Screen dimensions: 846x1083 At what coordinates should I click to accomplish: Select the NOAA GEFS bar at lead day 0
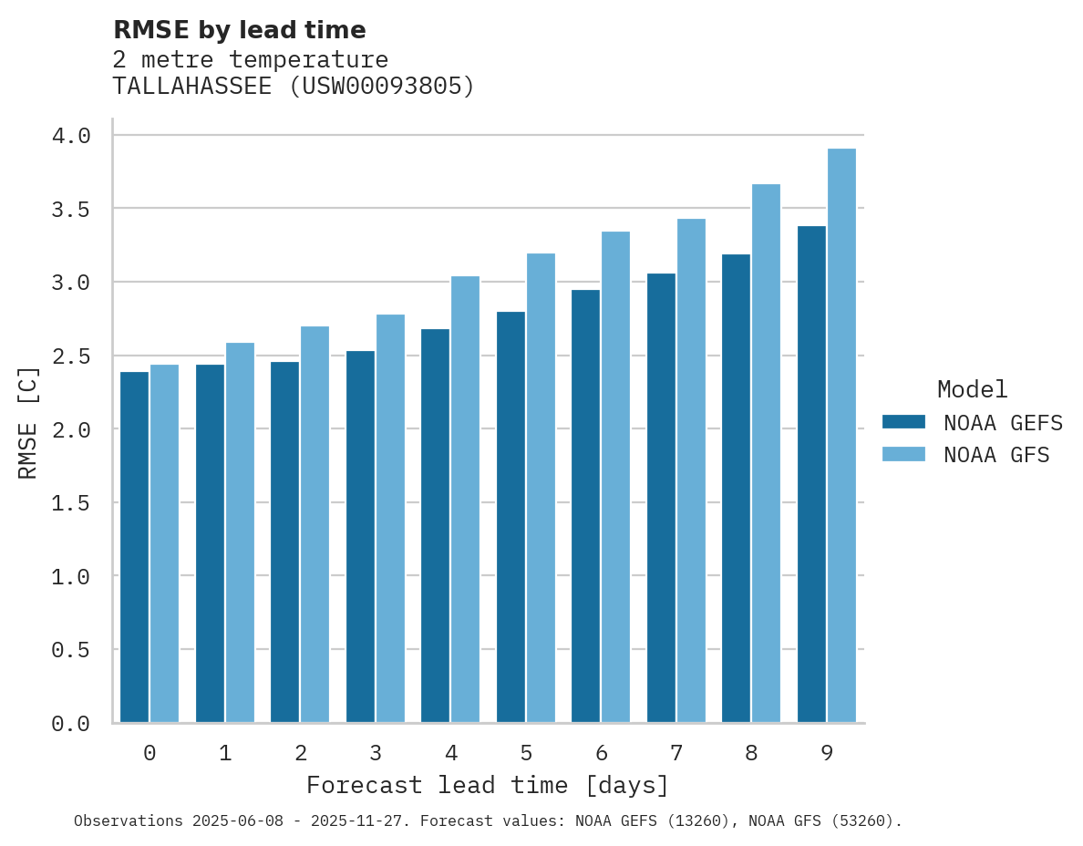134,547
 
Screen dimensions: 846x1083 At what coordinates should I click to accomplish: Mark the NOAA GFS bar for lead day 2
315,524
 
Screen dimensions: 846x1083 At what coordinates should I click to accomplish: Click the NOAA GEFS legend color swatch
903,422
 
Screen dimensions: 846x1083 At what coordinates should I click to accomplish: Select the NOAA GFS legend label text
996,455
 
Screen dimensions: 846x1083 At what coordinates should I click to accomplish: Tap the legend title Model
972,389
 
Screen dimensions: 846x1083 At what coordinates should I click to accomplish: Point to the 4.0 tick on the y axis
71,136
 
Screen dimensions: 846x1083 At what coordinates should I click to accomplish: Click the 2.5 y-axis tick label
71,356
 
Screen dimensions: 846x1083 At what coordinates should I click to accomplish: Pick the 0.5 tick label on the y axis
71,650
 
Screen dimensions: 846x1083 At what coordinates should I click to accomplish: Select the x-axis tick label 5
526,753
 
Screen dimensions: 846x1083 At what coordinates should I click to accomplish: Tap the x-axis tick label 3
376,753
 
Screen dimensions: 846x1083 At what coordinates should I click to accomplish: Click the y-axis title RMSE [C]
29,422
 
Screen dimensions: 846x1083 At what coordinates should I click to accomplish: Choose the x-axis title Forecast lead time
488,785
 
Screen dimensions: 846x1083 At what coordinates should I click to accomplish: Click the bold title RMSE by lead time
239,30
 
